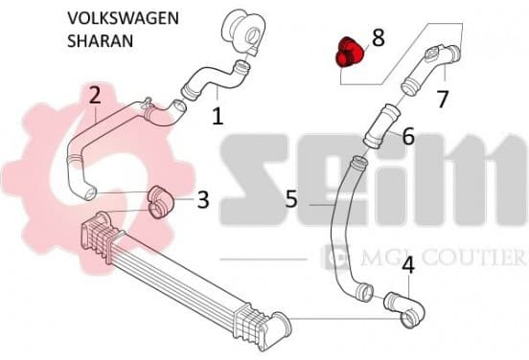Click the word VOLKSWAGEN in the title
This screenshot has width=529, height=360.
[x=123, y=18]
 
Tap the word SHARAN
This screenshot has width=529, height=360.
[x=101, y=41]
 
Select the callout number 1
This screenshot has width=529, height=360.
[x=218, y=116]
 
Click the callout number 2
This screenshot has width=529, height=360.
[x=95, y=95]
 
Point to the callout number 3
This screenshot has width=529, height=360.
[x=203, y=199]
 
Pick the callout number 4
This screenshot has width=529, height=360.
[x=408, y=265]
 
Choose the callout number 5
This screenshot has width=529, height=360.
[x=292, y=198]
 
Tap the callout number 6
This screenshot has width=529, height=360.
[x=408, y=136]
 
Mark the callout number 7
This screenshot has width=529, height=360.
[x=442, y=100]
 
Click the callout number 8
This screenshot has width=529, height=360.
[x=379, y=37]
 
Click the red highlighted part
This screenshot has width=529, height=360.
[x=349, y=54]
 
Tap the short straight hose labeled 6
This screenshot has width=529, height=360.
[x=382, y=126]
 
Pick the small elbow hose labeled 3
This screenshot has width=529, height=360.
[x=161, y=202]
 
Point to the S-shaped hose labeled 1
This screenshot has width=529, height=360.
[x=216, y=80]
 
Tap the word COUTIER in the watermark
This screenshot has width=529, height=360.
[x=470, y=258]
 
